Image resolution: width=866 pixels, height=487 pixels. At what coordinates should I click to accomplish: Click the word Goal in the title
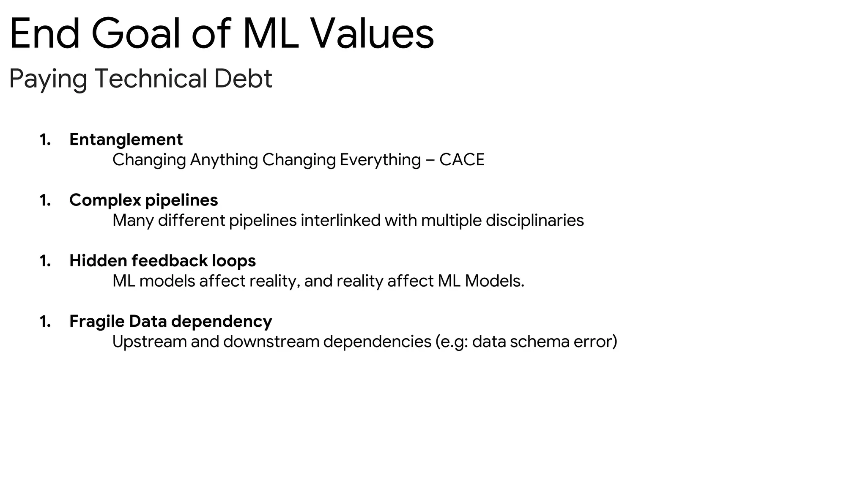[136, 34]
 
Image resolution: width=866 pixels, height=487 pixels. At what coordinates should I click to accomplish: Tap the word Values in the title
[372, 34]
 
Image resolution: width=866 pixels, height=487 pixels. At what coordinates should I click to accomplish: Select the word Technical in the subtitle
[151, 79]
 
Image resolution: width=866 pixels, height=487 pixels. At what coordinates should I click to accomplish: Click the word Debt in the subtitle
[243, 79]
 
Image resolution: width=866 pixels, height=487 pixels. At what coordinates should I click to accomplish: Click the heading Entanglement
[126, 140]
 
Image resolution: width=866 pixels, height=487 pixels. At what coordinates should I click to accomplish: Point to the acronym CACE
[462, 160]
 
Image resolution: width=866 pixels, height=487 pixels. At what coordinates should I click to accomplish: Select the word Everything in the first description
[380, 160]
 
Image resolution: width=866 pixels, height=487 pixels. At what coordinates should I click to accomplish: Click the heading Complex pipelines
[144, 200]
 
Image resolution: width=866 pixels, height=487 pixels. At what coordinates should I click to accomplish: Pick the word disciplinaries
[534, 220]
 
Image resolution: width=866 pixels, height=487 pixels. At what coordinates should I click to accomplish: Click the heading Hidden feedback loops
[162, 261]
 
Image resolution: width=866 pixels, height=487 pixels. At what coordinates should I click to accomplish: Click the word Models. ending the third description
[494, 281]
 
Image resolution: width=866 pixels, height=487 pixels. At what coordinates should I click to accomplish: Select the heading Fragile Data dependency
[170, 321]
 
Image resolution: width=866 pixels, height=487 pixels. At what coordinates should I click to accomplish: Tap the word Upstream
[149, 342]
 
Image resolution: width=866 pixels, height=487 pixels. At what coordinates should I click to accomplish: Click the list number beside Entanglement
[45, 140]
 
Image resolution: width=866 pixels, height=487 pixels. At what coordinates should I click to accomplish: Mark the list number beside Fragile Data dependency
[45, 322]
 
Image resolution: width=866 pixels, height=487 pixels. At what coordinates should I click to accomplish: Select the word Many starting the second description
[133, 221]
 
